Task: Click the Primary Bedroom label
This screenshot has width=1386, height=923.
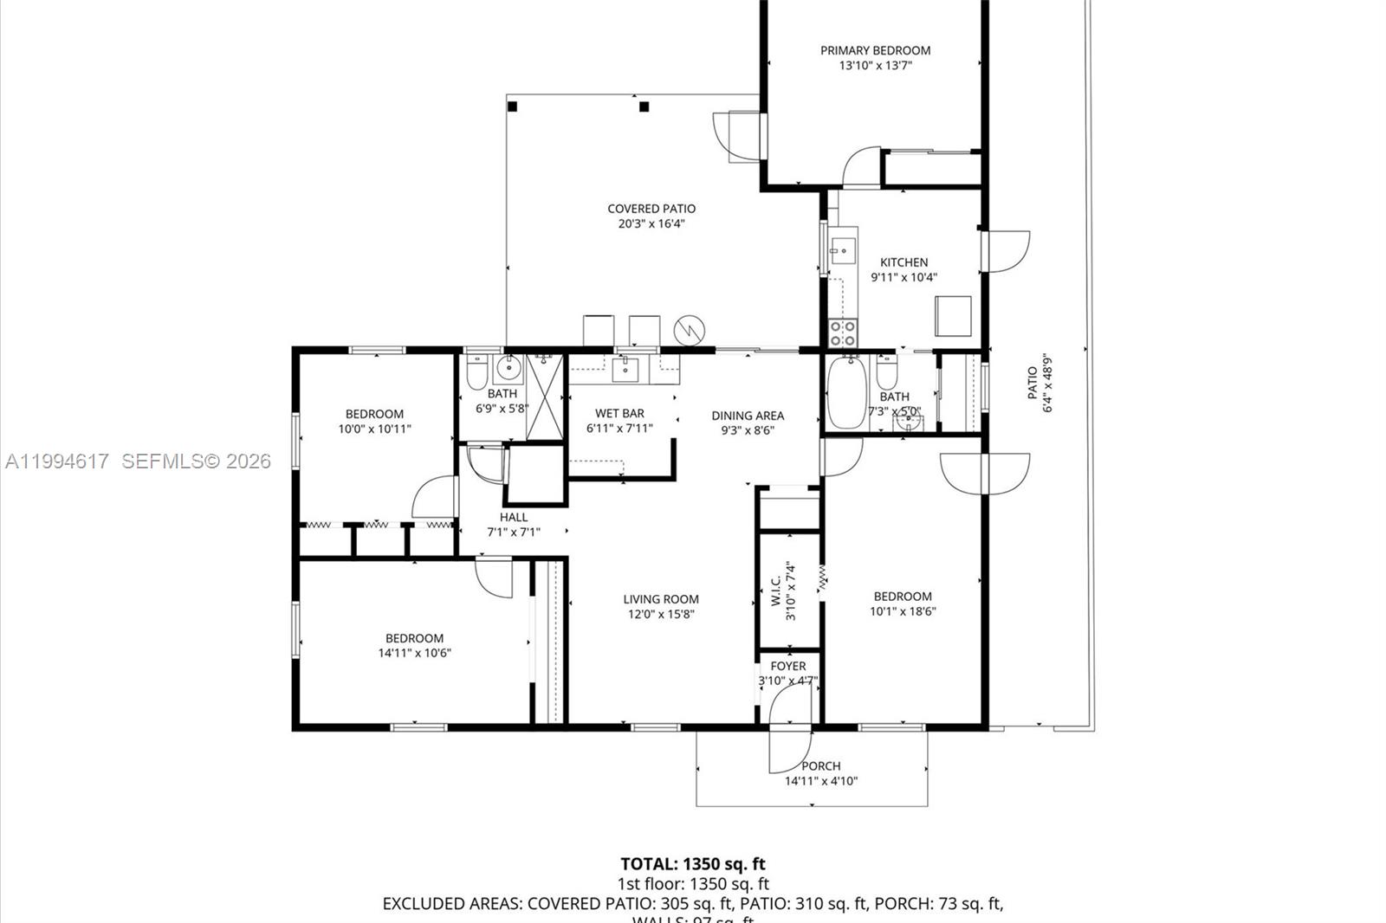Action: (875, 50)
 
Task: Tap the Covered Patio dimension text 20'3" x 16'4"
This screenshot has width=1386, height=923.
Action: (651, 223)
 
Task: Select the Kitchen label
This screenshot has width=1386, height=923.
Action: (903, 262)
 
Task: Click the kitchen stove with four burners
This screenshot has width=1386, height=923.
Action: (843, 332)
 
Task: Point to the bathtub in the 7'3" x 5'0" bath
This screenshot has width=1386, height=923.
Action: (845, 394)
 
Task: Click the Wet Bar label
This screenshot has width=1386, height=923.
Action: (619, 413)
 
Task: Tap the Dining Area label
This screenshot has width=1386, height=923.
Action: (748, 416)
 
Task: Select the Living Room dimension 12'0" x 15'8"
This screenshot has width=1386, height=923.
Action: (661, 615)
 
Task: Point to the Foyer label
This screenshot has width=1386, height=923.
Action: (787, 666)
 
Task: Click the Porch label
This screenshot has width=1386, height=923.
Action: (820, 765)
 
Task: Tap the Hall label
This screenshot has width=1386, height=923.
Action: (514, 517)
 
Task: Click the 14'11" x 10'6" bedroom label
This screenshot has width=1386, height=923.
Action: (414, 638)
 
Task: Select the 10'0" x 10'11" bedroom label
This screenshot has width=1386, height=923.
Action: (374, 414)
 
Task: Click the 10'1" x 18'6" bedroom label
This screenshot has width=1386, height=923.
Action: (903, 596)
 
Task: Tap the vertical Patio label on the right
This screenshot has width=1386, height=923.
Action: (1033, 383)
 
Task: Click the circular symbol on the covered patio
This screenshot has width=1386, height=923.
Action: (690, 329)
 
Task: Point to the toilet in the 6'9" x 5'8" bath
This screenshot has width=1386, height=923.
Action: (476, 374)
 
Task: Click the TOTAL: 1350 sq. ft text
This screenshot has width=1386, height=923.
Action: (693, 863)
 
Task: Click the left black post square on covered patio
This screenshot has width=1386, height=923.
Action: (512, 106)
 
